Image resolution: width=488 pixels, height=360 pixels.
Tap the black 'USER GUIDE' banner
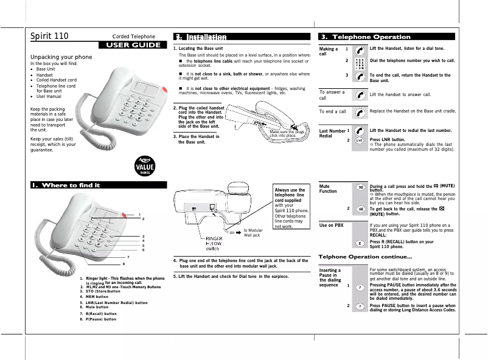[x=133, y=44]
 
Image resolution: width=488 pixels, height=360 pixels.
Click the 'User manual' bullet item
[x=49, y=96]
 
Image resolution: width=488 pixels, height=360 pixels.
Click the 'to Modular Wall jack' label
[x=253, y=232]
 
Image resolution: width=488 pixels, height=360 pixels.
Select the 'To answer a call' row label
[x=332, y=95]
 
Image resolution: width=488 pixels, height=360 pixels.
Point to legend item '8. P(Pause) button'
[x=100, y=319]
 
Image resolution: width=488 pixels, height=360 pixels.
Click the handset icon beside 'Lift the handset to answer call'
[x=360, y=95]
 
